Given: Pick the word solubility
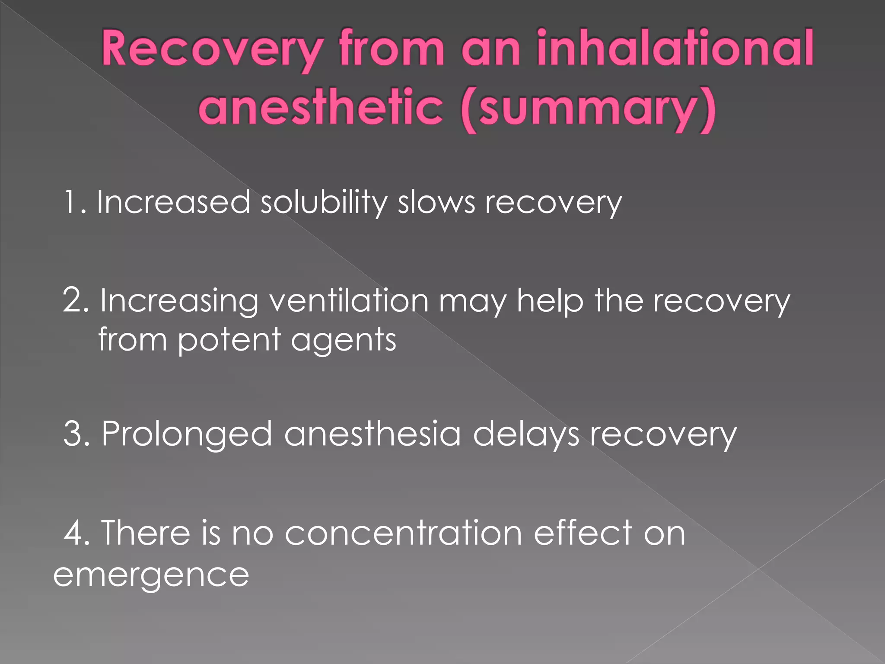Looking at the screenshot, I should coord(324,203).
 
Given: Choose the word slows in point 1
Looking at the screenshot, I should coord(436,202).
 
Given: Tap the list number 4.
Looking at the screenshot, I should coord(76,533).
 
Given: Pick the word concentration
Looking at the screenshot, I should coord(404,533).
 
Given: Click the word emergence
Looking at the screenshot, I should coord(151,576).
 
